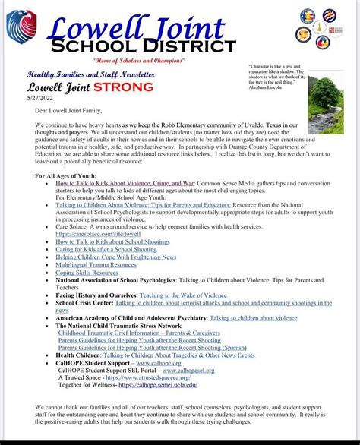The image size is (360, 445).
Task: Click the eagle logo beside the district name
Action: click(x=21, y=27)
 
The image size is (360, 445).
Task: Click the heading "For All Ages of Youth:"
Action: click(x=73, y=176)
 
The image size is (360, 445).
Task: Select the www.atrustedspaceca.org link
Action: click(x=147, y=378)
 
